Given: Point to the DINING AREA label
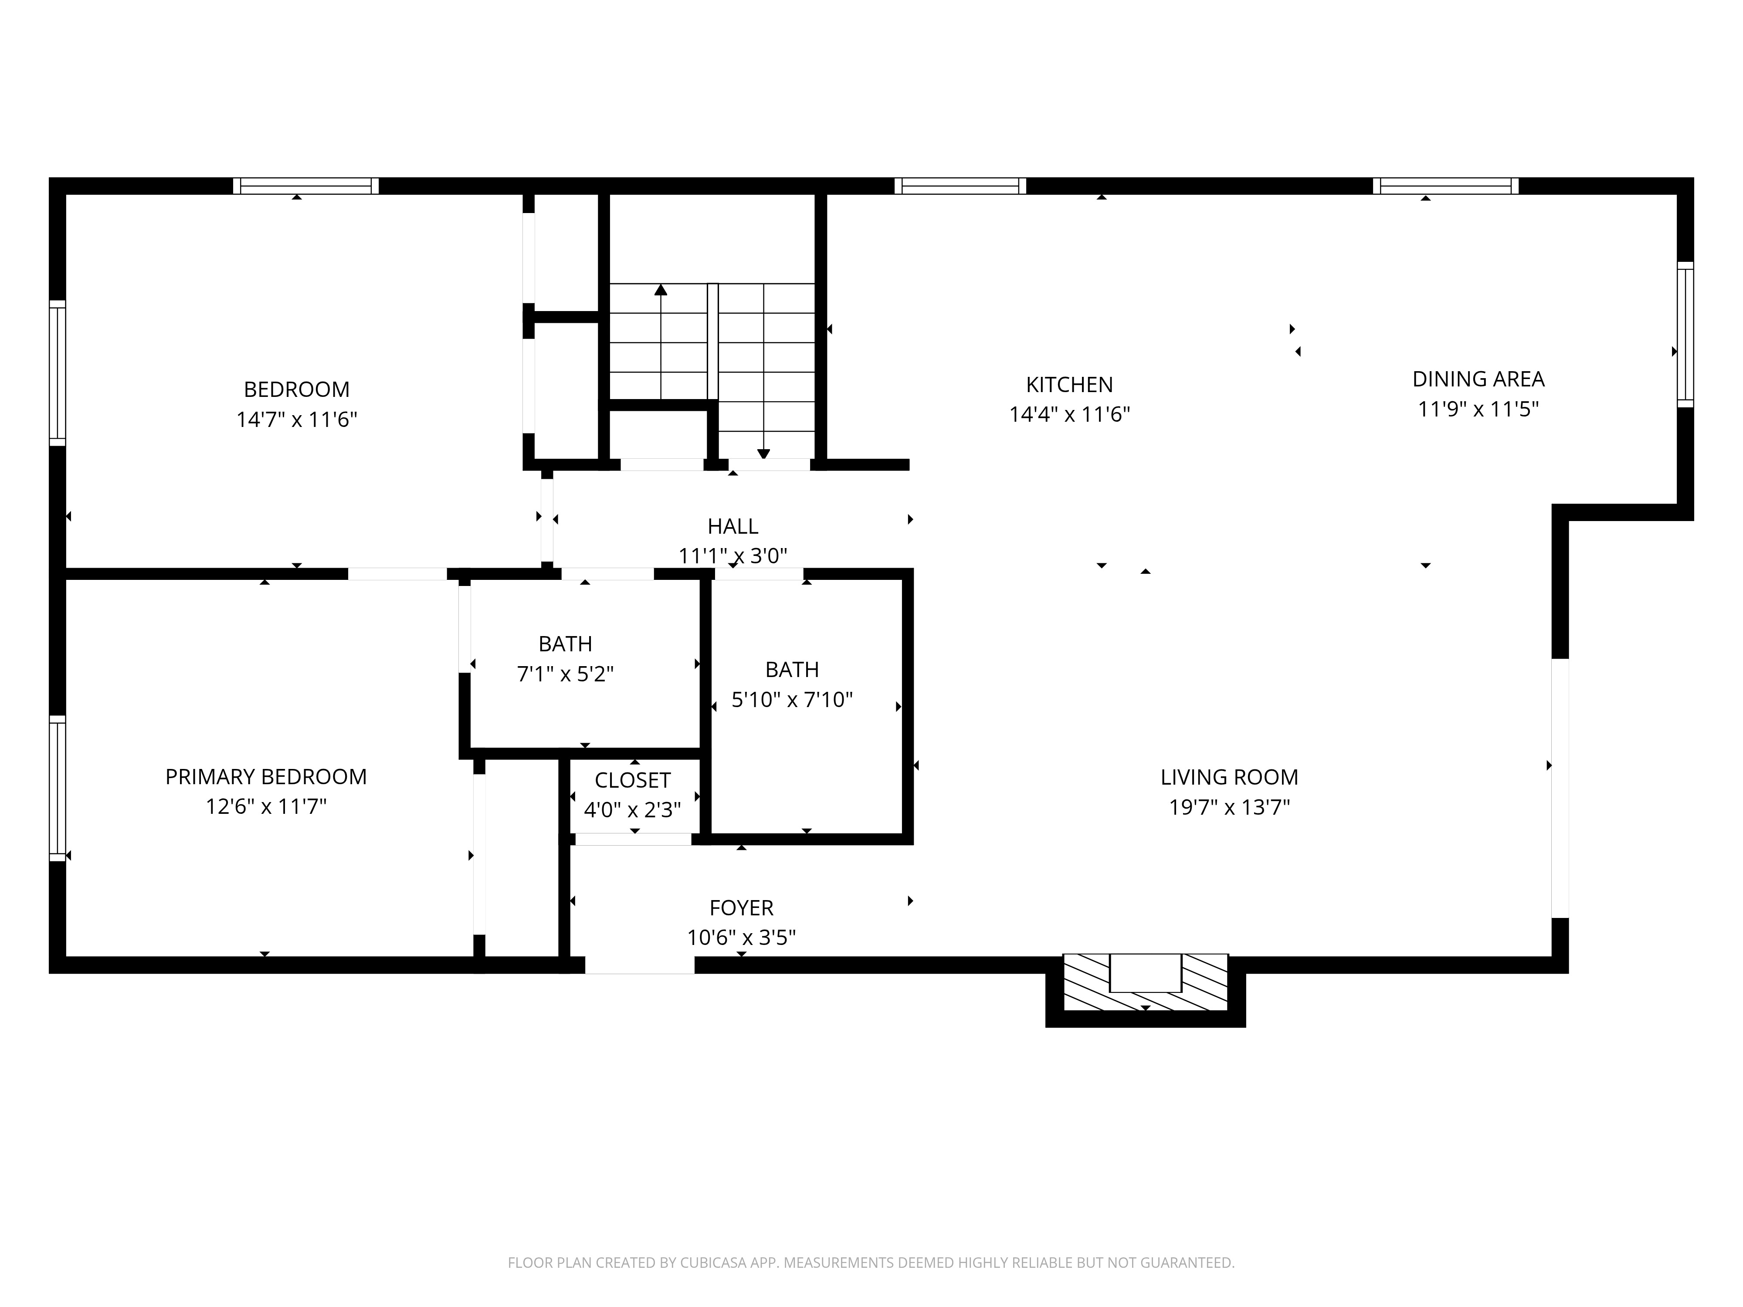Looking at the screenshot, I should coord(1478,379).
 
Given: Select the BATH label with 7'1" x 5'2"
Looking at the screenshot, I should coord(565,643).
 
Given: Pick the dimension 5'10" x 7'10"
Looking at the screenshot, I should coord(792,700).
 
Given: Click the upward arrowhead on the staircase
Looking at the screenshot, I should coord(660,290).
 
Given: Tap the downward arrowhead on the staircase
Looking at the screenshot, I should coord(763,453).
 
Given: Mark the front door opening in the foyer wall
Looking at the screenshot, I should coord(639,965).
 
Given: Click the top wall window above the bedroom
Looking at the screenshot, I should coord(306,186).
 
